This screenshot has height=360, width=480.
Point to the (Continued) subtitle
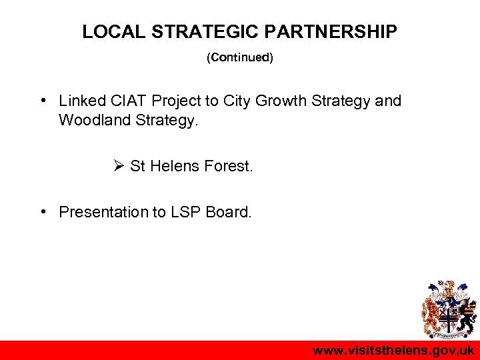[240, 58]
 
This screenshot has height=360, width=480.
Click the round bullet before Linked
[42, 101]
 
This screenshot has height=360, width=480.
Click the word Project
[177, 101]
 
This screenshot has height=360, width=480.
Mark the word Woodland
[91, 121]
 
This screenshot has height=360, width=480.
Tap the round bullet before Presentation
[42, 212]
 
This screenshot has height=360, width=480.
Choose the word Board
[229, 212]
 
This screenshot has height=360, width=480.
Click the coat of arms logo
[448, 309]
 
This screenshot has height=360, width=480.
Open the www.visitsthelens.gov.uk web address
[393, 351]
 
